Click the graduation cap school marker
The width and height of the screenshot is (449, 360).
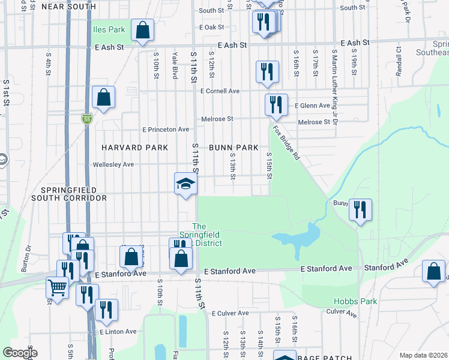click(x=185, y=183)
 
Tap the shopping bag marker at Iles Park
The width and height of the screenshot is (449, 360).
click(x=142, y=31)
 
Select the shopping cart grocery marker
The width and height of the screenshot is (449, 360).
click(x=57, y=287)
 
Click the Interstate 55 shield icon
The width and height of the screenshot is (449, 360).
click(x=87, y=119)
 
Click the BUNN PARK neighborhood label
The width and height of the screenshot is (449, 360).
click(x=234, y=148)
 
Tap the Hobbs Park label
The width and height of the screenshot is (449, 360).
click(x=355, y=301)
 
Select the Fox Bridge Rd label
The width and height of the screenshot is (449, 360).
click(x=286, y=142)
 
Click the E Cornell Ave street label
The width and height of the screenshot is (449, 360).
click(x=220, y=91)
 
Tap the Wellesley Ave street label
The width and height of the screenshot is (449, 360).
click(x=121, y=164)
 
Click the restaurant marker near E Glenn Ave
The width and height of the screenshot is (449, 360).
click(x=276, y=104)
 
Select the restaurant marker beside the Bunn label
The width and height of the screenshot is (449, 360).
click(x=360, y=210)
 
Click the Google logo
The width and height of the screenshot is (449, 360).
click(x=20, y=353)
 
